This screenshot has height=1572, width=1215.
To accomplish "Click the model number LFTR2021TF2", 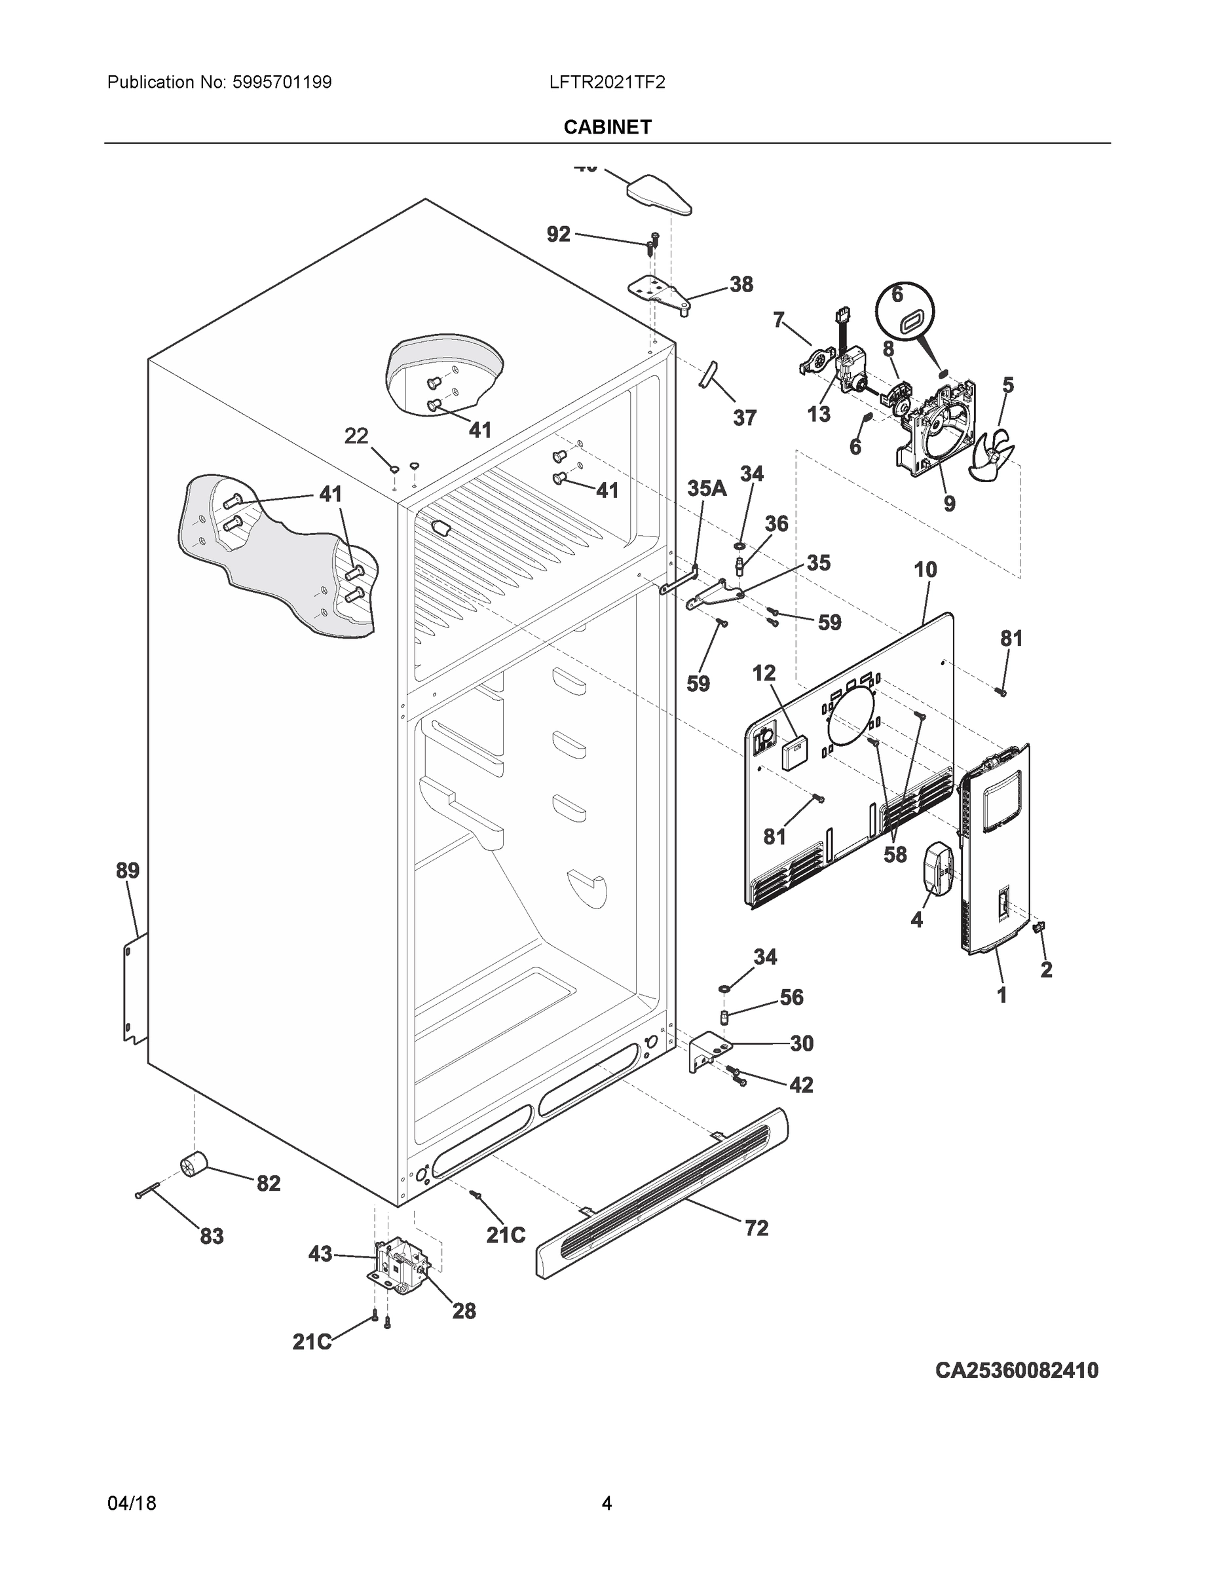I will pos(607,82).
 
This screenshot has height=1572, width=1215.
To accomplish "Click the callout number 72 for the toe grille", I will pos(757,1228).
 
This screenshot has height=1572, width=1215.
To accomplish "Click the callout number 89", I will pos(128,870).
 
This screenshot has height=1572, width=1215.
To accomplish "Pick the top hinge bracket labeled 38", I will pos(659,292).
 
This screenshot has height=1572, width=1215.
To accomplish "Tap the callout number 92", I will pos(559,234).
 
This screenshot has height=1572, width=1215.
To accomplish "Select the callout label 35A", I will pos(707,489).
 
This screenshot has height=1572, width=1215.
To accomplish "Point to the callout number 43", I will pos(320,1254).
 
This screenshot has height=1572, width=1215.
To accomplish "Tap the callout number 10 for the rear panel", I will pos(925,570).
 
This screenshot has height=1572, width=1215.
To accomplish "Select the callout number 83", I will pos(211,1236).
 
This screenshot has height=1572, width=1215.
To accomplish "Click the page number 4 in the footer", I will pos(607,1503).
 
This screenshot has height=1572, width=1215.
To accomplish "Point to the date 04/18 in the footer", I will pos(132,1503).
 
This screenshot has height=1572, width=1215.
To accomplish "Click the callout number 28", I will pos(464,1311).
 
